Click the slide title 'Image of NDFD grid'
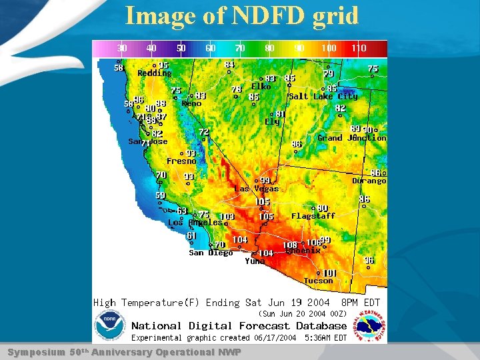coord(241,15)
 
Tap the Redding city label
coord(154,73)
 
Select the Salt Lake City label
coord(323,96)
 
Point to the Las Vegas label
coord(256,189)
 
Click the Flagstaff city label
coord(313,216)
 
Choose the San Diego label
coord(211,253)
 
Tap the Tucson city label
coord(318,281)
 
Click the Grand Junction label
coord(351,138)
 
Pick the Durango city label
coord(369,181)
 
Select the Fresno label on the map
coord(181,161)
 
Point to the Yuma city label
coord(255,261)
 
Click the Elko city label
coord(261,87)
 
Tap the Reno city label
coord(191,103)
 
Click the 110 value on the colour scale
coord(359,49)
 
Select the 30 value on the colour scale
coord(123,49)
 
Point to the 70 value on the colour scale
coord(240,49)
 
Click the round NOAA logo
coord(111,328)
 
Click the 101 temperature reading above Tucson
coord(329,273)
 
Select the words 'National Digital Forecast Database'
coord(239,326)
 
